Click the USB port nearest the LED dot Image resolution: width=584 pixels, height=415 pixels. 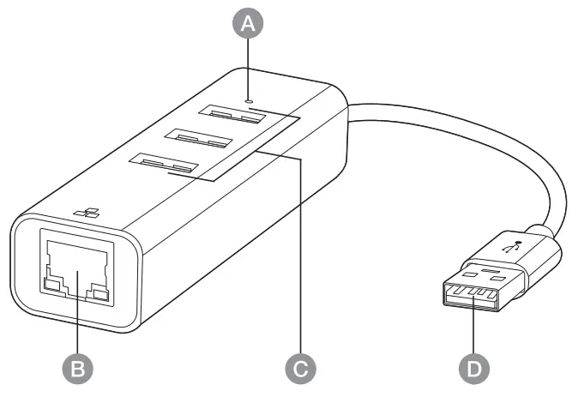click(229, 113)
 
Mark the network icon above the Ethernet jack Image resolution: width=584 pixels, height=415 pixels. click(83, 212)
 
